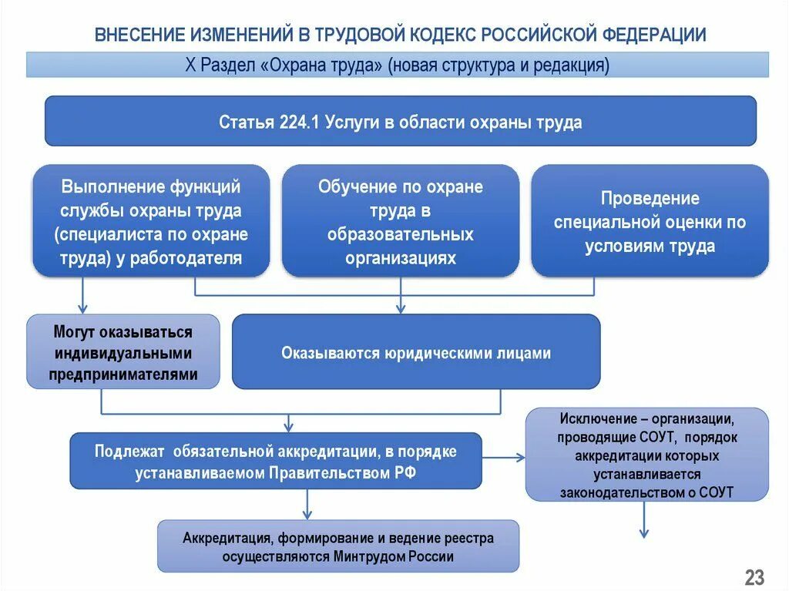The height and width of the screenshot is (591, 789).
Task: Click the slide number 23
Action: [x=754, y=576]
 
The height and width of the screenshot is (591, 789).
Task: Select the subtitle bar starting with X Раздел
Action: [x=397, y=65]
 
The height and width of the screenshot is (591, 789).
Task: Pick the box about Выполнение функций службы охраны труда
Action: [x=151, y=222]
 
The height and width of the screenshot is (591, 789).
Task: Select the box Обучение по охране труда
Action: [x=400, y=222]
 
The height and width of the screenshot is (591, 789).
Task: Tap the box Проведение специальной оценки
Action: [x=650, y=222]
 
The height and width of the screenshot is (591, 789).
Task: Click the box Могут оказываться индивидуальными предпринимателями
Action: [x=123, y=353]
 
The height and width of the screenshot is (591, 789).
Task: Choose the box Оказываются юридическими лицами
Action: [x=416, y=353]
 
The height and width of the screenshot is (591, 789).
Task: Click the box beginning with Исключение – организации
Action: [x=646, y=455]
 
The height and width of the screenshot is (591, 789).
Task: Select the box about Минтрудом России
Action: [x=338, y=547]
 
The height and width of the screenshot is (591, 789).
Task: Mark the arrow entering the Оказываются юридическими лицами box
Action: [x=400, y=304]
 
